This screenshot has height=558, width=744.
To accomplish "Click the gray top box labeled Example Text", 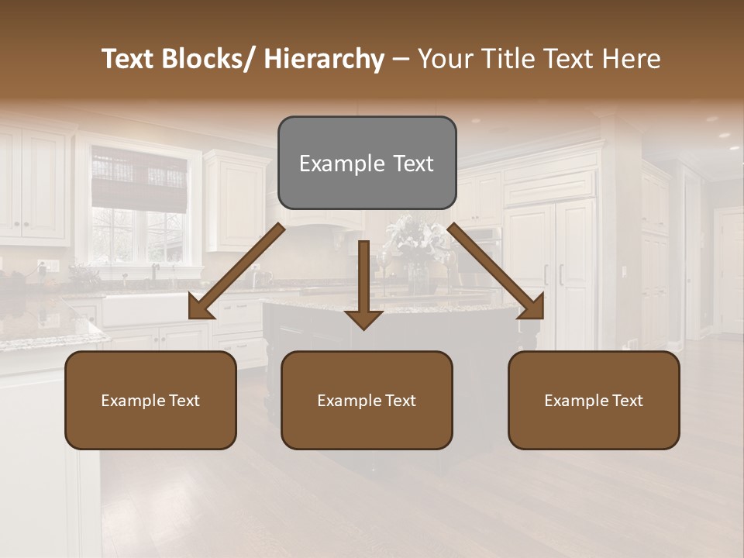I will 367,163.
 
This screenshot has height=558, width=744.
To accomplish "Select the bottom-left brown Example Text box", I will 150,400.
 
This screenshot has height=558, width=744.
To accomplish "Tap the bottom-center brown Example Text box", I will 367,400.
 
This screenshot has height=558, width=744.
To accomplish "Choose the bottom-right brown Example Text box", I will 594,400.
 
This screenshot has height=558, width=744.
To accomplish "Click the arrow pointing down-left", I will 236,272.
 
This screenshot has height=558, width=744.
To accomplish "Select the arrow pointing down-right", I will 496,272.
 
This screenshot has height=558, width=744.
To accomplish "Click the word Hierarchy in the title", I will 323,59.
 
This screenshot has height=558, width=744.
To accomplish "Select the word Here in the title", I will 632,59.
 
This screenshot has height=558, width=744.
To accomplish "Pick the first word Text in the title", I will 129,59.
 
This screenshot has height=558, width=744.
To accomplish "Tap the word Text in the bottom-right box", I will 625,400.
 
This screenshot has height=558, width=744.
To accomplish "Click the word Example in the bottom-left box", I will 132,400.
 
